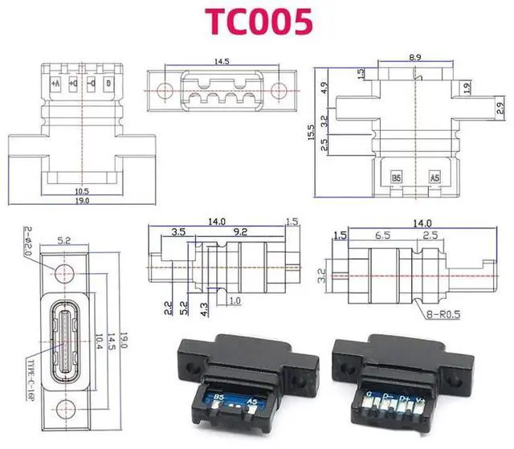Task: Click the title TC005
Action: pyautogui.click(x=258, y=22)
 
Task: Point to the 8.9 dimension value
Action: pyautogui.click(x=415, y=57)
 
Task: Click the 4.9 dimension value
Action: pyautogui.click(x=324, y=86)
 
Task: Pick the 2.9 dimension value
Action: pyautogui.click(x=500, y=105)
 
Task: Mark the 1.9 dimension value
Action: pyautogui.click(x=467, y=87)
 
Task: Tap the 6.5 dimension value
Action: pyautogui.click(x=382, y=236)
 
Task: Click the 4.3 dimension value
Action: pyautogui.click(x=205, y=307)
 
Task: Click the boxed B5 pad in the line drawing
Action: pyautogui.click(x=396, y=177)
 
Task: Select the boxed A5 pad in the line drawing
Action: pyautogui.click(x=434, y=177)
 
